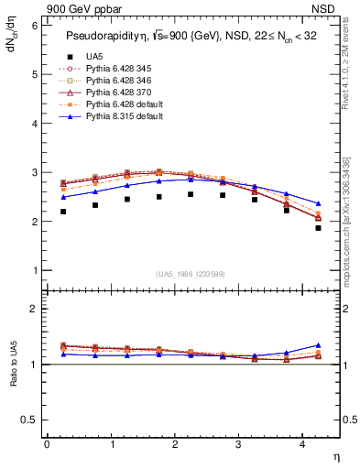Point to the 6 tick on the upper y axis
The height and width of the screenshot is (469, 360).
(33, 26)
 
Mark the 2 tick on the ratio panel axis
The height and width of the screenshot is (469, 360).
(33, 310)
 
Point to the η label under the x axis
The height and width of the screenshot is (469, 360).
(335, 455)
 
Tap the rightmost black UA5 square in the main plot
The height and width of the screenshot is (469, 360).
(318, 254)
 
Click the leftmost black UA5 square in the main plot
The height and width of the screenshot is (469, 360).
(63, 237)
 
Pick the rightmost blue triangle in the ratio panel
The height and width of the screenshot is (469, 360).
(318, 345)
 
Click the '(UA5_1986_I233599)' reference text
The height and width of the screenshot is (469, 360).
(192, 274)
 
